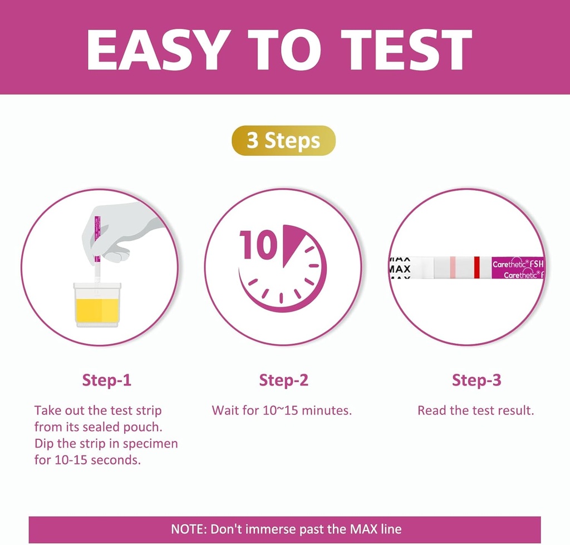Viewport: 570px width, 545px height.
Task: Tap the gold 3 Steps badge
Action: [x=283, y=140]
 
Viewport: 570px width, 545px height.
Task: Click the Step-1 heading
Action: [x=107, y=380]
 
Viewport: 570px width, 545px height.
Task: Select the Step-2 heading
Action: [x=283, y=380]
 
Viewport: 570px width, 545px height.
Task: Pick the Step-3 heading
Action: [x=476, y=380]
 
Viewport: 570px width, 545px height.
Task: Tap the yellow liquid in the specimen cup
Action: [x=97, y=309]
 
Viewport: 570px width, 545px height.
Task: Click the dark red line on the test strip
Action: [x=476, y=266]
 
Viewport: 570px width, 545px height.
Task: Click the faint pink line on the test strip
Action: [x=453, y=266]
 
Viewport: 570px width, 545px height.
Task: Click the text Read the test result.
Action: [x=476, y=411]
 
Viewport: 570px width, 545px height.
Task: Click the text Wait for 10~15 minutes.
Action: [x=282, y=411]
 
